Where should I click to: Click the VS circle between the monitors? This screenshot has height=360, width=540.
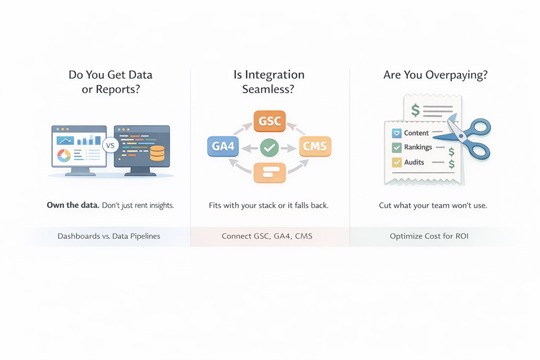(110, 145)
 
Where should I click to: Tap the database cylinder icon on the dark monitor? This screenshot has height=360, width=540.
(157, 153)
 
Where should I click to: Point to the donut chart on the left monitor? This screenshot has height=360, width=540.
(64, 155)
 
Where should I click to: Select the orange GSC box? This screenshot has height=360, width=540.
(269, 122)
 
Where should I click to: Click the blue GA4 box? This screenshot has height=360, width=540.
(223, 146)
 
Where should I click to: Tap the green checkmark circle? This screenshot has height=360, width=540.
(269, 147)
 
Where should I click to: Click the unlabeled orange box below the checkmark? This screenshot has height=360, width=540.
(269, 172)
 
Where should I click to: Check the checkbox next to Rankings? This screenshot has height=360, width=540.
(397, 147)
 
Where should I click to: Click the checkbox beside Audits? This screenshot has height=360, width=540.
(397, 162)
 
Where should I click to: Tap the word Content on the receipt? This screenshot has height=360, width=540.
(416, 133)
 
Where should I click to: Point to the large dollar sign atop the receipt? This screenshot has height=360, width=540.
(416, 110)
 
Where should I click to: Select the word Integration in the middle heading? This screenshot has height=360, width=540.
(276, 75)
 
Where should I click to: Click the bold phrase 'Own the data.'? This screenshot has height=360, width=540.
(73, 206)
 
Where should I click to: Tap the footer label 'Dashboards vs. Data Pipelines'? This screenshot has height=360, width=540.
(109, 236)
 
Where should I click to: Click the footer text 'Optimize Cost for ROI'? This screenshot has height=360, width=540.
(429, 236)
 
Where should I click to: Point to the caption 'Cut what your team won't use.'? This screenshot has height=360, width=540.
(433, 206)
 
